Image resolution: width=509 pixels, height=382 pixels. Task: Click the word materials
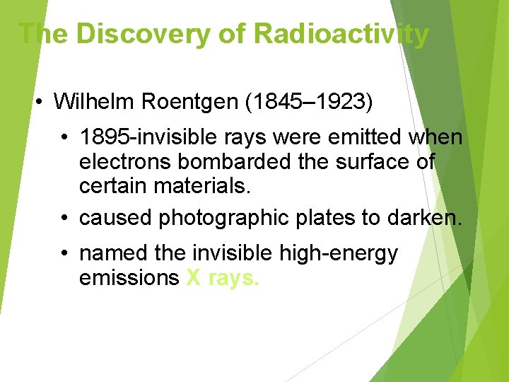212,187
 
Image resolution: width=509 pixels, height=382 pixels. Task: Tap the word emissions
129,278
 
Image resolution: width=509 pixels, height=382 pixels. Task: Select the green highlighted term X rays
223,278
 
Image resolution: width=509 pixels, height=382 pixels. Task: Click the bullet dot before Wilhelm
40,102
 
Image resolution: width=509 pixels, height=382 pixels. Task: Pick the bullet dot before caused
64,218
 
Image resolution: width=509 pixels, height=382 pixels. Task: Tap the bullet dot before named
64,253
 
